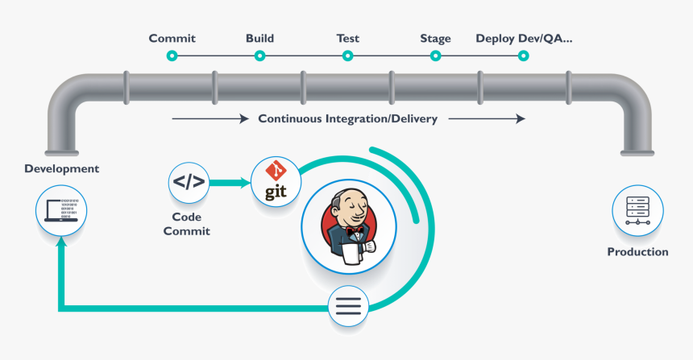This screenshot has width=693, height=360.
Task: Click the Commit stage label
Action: pos(172,38)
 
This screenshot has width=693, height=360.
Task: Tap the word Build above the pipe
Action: pos(259,38)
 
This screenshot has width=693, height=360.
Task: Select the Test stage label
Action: pos(347,38)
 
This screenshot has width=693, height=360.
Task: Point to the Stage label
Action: pos(435,38)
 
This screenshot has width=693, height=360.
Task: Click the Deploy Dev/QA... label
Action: pos(524,38)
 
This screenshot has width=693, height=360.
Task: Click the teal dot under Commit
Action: pos(172,56)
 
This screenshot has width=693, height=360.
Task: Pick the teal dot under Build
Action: pos(259,56)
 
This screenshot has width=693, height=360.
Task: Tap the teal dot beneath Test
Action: pos(347,56)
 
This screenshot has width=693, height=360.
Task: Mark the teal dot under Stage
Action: pos(435,56)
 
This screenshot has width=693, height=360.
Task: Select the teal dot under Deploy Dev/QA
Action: pos(523,56)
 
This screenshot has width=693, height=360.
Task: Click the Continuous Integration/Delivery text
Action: pos(347,119)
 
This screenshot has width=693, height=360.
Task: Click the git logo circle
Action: pos(276,181)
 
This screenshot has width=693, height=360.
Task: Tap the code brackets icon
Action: pos(189,183)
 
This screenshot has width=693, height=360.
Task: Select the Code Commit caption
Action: pos(186,224)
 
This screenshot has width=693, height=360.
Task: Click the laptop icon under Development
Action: pos(61,211)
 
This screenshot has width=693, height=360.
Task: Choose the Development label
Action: pos(61,169)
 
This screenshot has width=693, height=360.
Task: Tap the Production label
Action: pos(637,252)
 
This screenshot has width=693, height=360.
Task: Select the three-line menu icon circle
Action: pos(348,307)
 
